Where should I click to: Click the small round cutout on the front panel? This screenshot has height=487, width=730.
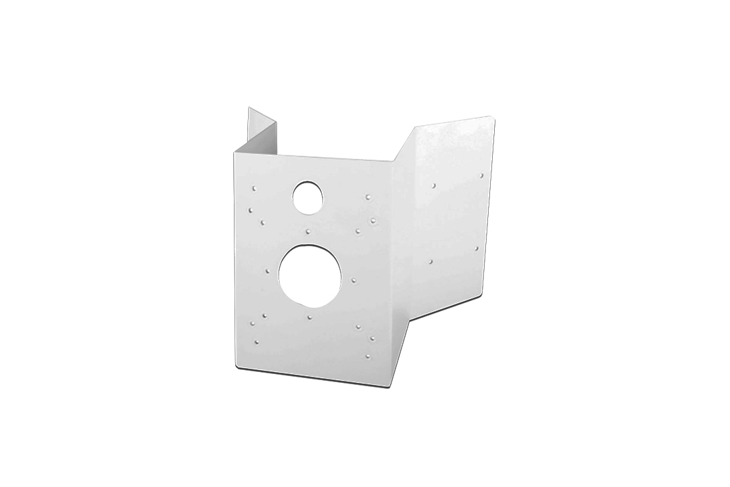click(x=308, y=195)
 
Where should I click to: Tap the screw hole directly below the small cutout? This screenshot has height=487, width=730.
click(x=308, y=231)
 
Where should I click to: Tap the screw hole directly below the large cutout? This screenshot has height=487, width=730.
click(x=309, y=317)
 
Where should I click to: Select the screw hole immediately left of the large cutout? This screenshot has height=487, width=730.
click(x=268, y=271)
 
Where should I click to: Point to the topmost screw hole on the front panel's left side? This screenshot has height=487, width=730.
click(x=253, y=189)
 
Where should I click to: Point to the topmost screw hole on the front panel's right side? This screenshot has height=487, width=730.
click(x=367, y=197)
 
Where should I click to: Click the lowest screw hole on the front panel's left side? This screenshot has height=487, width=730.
click(x=255, y=343)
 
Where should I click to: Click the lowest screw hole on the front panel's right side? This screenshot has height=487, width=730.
click(x=367, y=355)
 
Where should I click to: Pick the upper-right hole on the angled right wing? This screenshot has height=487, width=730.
click(x=482, y=175)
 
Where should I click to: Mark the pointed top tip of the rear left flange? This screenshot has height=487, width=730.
click(x=249, y=107)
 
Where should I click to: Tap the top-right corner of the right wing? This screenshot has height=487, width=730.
click(x=495, y=118)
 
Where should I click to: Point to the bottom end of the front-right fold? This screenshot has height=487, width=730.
click(x=393, y=387)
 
